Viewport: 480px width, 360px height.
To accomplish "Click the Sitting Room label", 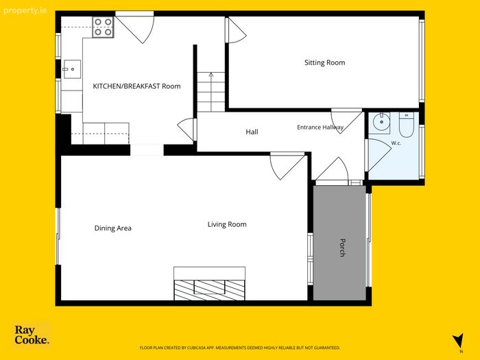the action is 324,62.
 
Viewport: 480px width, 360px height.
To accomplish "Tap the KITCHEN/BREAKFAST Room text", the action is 136,86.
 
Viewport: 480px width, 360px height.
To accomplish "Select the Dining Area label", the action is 112,228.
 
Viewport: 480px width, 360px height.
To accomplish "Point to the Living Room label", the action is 227,224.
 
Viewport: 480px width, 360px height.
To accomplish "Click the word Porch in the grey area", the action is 343,248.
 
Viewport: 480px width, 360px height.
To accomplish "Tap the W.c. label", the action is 396,143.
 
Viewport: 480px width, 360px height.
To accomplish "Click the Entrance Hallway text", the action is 320,127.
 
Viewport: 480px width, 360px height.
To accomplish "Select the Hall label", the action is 252,132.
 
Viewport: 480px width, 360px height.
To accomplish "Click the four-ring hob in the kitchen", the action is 103,27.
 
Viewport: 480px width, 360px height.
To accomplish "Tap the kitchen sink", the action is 72,69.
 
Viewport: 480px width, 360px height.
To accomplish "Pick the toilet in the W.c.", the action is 406,124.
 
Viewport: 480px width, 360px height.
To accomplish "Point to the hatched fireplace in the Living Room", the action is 210,290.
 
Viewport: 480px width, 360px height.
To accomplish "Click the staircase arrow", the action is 211,92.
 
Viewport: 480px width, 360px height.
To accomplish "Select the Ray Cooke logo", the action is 32,335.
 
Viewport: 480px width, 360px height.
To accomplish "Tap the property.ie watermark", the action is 25,11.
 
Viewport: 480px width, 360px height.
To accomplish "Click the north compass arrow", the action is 459,341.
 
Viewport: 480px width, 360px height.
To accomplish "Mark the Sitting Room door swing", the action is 237,30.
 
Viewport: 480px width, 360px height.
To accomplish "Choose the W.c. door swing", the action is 379,155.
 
